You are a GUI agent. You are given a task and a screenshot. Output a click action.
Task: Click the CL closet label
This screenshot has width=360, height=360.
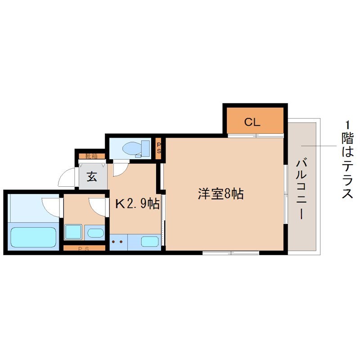[252, 121]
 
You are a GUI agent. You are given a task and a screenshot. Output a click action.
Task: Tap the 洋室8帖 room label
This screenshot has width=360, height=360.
[221, 194]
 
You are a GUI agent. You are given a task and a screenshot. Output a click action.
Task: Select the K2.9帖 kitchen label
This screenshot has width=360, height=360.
[137, 204]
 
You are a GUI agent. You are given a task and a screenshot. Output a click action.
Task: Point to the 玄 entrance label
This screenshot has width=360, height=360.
[92, 177]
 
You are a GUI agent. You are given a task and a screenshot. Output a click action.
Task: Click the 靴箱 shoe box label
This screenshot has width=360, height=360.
[91, 157]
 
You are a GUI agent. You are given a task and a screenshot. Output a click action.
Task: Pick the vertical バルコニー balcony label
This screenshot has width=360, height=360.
[300, 189]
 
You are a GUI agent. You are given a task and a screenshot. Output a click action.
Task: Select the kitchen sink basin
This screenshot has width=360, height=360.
[150, 241]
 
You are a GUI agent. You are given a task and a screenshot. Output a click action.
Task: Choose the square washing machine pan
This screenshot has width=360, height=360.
[73, 232]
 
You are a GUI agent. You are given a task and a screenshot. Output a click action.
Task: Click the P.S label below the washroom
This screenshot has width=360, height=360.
[83, 248]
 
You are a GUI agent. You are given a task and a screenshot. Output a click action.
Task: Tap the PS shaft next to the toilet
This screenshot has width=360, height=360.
[159, 148]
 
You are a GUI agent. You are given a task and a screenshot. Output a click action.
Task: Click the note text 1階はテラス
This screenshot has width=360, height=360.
[347, 160]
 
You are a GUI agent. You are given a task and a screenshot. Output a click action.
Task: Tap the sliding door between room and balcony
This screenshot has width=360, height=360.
[285, 193]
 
